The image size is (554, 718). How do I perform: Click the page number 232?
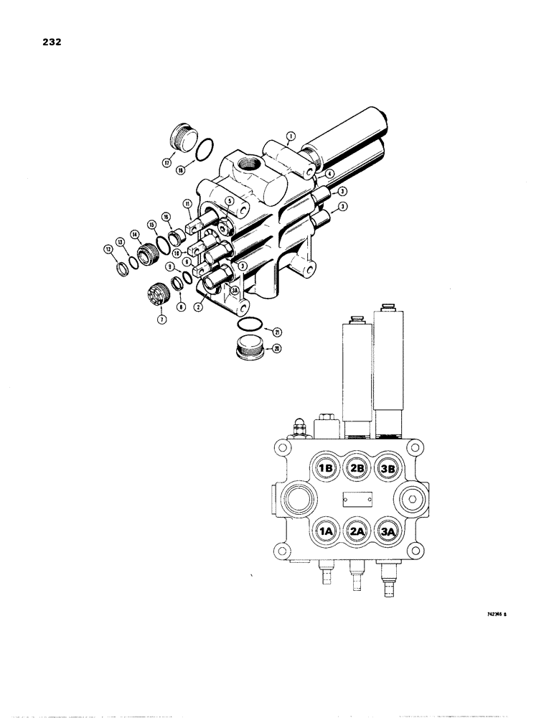50,42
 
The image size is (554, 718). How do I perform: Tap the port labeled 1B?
324,468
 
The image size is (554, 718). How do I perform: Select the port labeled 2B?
356,468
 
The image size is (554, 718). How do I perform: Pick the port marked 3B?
388,468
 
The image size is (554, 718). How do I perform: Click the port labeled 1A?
324,531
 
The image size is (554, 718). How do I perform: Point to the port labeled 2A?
356,531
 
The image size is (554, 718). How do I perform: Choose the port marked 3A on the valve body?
388,531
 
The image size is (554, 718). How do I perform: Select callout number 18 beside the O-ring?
181,169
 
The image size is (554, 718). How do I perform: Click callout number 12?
109,248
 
